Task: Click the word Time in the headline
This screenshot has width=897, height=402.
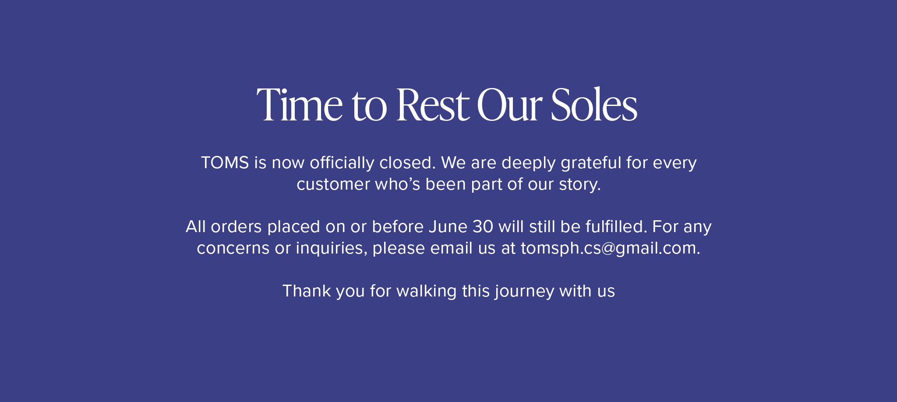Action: point(300,105)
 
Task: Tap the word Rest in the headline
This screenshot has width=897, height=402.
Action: point(433,105)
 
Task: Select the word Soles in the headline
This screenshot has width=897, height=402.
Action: point(594,105)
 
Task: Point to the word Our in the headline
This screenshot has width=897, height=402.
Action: point(509,105)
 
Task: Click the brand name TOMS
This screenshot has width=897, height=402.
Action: point(225,163)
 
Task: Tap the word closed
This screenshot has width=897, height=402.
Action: point(407,163)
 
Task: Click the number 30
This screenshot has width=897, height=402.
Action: point(483,227)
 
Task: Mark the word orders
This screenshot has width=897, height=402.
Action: point(236,227)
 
